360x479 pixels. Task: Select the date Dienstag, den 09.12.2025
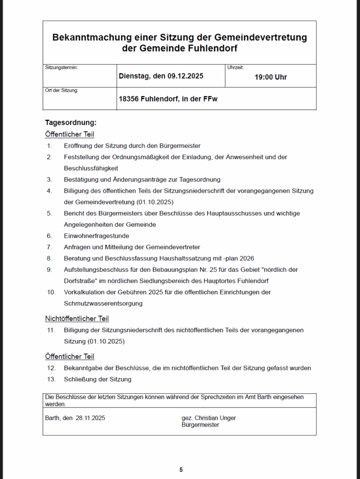pos(161,76)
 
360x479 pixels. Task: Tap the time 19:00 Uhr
pos(270,77)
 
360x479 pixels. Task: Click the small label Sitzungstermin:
pos(61,67)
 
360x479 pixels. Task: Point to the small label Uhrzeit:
pos(235,67)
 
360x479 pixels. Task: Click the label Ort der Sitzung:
pos(62,90)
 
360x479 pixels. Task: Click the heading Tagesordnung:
pos(71,123)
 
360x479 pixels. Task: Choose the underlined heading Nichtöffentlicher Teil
pos(77,319)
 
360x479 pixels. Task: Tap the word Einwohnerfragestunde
pos(96,236)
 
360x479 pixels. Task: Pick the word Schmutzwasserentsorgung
pos(103,303)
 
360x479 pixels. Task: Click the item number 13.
pos(51,379)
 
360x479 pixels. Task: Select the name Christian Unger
pos(215,418)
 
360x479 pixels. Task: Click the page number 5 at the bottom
pos(181,470)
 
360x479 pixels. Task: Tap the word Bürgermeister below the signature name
pos(200,425)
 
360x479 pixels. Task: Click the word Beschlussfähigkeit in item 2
pos(91,168)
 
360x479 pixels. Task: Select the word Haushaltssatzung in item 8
pos(178,258)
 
